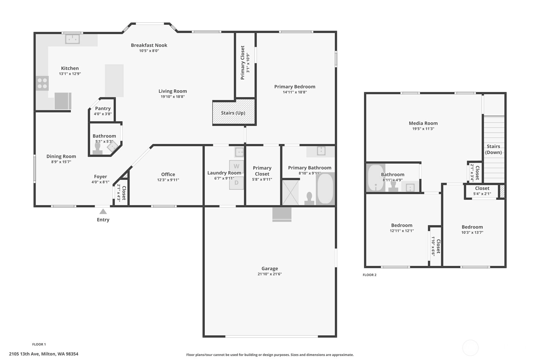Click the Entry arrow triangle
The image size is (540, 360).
[x=103, y=211]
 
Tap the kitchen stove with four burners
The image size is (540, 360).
[x=42, y=83]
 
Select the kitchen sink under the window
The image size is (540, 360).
[x=72, y=39]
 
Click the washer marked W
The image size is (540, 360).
[x=236, y=166]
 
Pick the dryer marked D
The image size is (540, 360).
[x=236, y=183]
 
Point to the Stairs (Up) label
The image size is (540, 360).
[x=233, y=113]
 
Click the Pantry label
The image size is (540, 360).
[x=103, y=109]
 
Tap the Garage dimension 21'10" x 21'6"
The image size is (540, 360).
[x=270, y=274]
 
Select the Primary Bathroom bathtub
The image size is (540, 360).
[x=325, y=188]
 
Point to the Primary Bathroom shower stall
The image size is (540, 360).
[x=291, y=193]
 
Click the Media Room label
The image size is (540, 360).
[x=423, y=123]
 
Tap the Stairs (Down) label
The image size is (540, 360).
[x=493, y=149]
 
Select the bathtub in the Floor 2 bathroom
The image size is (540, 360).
[x=375, y=178]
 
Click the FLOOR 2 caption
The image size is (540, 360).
[x=369, y=275]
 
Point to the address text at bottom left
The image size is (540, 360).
[x=44, y=354]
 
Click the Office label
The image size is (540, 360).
[x=168, y=174]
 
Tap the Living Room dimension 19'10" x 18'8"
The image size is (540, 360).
[x=172, y=97]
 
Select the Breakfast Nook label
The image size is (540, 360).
[x=149, y=45]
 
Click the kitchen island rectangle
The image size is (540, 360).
[x=114, y=81]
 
